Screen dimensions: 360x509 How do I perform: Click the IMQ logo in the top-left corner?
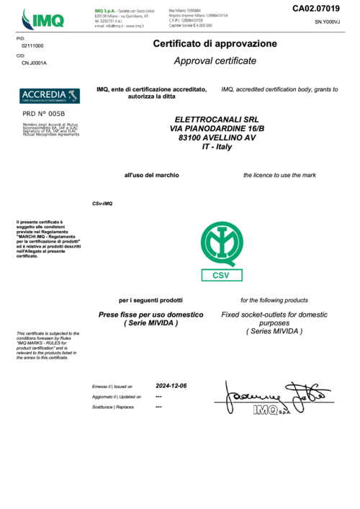(42, 17)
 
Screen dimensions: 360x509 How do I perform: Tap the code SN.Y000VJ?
(327, 23)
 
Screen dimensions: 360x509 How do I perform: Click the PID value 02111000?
(32, 45)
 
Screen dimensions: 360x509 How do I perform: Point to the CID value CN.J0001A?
(34, 63)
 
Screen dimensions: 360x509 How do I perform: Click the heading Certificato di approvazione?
(215, 44)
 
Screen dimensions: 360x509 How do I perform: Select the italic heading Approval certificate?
(215, 61)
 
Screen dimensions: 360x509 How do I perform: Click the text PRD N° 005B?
(44, 114)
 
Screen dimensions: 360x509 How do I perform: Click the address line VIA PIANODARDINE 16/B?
(217, 128)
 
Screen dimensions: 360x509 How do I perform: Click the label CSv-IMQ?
(102, 204)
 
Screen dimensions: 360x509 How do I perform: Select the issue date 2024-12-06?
(171, 386)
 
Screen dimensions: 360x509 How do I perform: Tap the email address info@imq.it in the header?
(119, 26)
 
